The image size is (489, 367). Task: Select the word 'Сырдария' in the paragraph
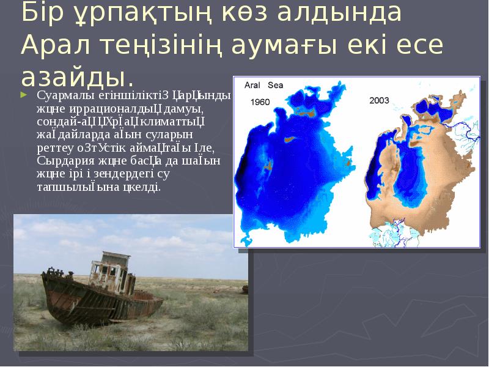tap(61, 161)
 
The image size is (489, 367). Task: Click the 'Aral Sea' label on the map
tap(263, 86)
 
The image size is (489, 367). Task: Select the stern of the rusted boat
tap(153, 300)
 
